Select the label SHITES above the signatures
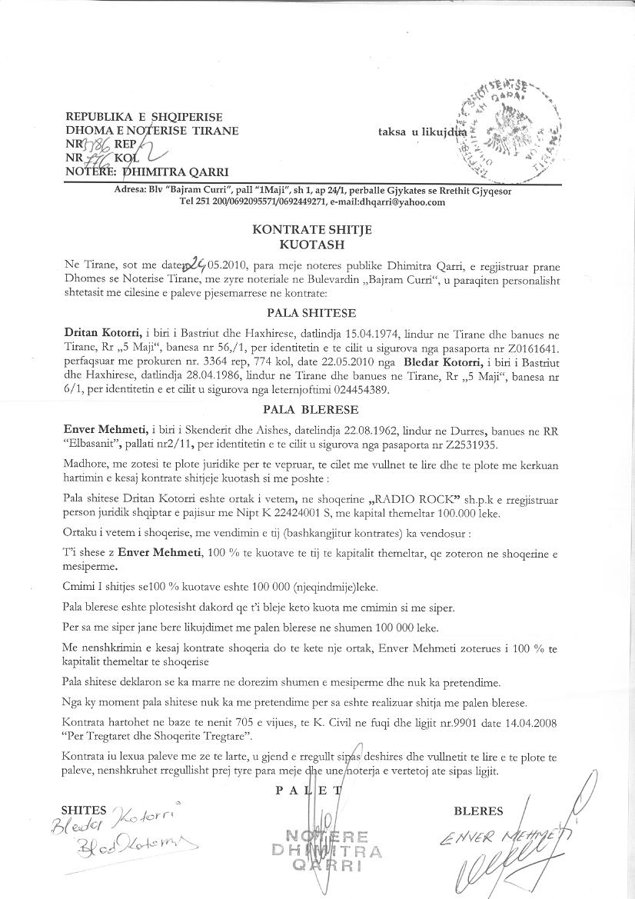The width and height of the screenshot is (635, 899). [x=84, y=810]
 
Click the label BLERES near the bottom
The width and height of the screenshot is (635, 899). [x=478, y=811]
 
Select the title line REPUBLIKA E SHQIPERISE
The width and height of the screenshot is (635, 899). [x=144, y=117]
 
